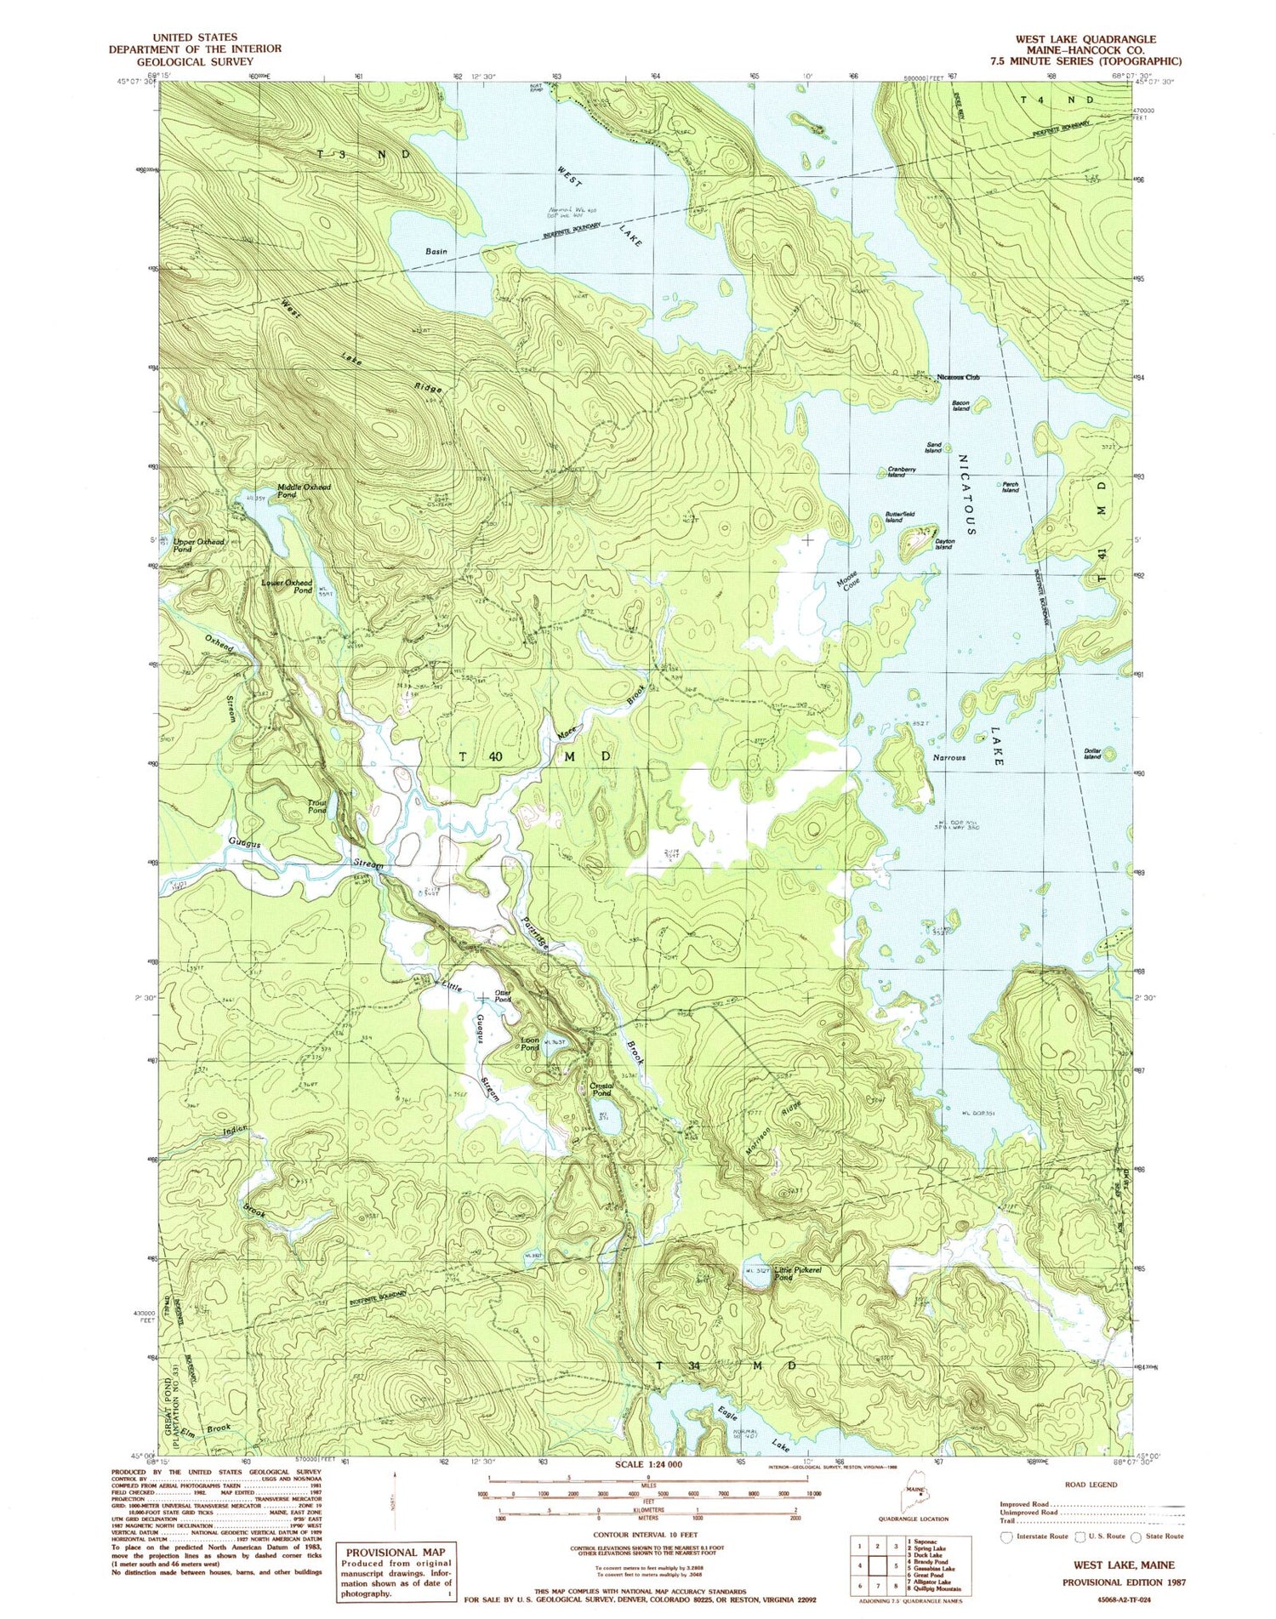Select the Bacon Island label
(960, 405)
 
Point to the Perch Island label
(1010, 487)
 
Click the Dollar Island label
(1092, 753)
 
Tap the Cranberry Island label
(902, 471)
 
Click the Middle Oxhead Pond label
(304, 491)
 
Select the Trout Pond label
(316, 806)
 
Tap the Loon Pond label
(529, 1044)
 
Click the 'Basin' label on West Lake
(436, 252)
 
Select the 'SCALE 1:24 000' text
(649, 1465)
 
